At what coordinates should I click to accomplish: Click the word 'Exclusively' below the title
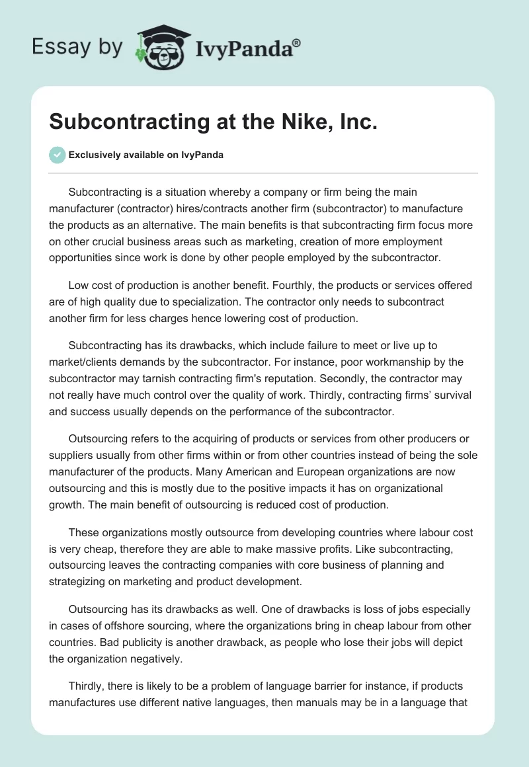click(92, 155)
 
